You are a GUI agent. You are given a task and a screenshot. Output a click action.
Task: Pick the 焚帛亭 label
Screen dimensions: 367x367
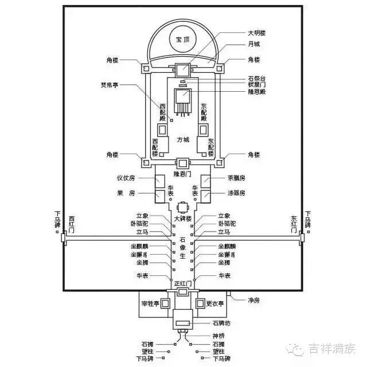coord(110,84)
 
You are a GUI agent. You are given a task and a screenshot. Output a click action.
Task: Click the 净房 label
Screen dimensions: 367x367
coord(255,300)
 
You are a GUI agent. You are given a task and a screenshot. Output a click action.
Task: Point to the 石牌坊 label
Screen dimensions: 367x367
coord(221,322)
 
